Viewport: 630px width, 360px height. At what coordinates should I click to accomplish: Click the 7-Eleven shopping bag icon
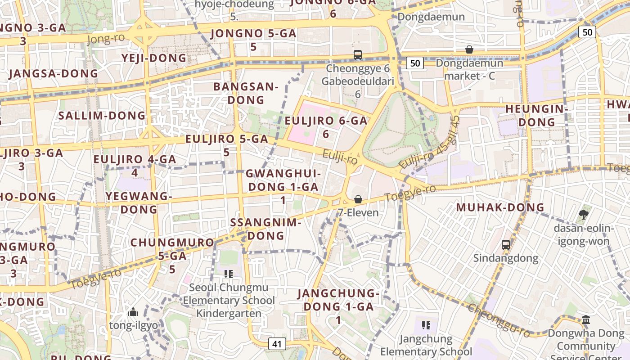coord(358,199)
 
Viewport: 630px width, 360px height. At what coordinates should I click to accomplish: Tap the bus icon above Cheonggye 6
coord(358,55)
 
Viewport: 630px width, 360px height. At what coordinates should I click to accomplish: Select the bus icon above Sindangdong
coord(506,245)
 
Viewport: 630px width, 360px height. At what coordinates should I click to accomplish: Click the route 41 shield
coord(277,344)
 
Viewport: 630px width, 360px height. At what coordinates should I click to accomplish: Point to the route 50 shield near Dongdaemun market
coord(415,63)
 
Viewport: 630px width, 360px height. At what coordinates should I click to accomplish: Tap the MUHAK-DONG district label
coord(500,207)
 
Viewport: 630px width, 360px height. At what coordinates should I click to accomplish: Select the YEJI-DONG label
coord(154,58)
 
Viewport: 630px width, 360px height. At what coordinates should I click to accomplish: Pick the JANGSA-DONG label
coord(53,73)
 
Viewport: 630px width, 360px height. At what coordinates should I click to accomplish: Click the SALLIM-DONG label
coord(102,116)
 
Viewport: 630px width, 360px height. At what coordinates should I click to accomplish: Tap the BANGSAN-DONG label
coord(246,93)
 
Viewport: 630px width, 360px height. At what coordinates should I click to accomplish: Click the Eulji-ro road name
coord(340,157)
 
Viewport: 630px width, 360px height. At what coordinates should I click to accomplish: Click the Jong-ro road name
coord(105,40)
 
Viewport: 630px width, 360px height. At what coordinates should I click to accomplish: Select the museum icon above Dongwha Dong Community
coord(586,320)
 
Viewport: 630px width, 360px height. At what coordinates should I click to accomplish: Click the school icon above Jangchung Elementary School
coord(426,325)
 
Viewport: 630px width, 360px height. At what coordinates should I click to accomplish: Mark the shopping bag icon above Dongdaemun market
coord(469,49)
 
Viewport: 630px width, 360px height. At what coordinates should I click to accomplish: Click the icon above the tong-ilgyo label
coord(133,312)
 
